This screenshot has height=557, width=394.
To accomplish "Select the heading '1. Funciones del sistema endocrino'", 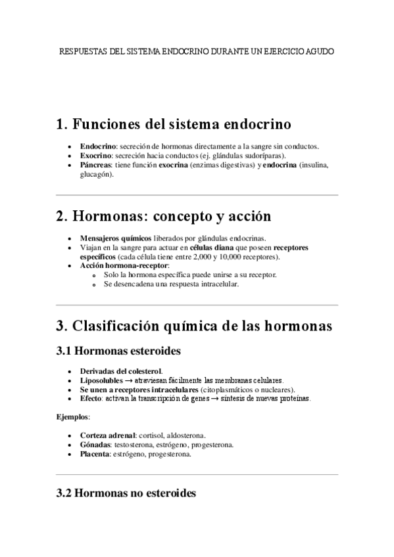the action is (174, 124).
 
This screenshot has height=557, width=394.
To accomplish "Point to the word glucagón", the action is (94, 175).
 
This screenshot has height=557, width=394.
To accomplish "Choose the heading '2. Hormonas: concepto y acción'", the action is (164, 216).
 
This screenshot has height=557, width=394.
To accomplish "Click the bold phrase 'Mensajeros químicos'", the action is (115, 238).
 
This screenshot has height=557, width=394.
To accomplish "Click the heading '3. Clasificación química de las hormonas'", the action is (194, 326).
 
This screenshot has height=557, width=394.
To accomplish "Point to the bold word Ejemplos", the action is (72, 416).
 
